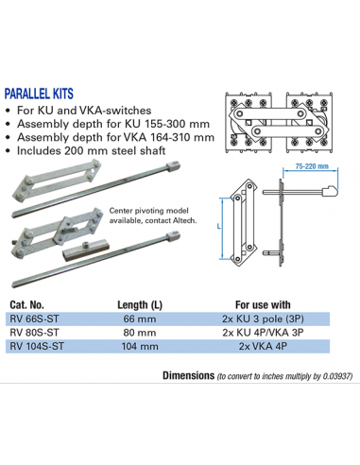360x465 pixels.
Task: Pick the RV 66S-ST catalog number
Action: [x=37, y=319]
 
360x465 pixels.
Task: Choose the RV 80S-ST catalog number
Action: [x=37, y=333]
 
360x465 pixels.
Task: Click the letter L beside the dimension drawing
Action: [x=218, y=228]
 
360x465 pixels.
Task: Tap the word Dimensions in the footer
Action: [x=187, y=374]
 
